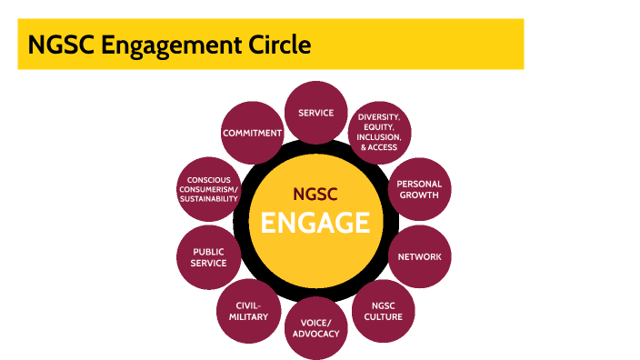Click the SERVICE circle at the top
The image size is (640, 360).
[x=315, y=113]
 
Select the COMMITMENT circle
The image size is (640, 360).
[x=252, y=134]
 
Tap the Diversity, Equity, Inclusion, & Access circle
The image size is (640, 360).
[x=379, y=132]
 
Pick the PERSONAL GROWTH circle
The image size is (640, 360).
[x=419, y=189]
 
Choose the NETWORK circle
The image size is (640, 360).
[x=419, y=256]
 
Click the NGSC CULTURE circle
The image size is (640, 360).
[x=381, y=311]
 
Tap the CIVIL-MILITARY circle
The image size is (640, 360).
[x=248, y=311]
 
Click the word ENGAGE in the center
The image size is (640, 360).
[x=315, y=223]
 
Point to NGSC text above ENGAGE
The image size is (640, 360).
[x=315, y=194]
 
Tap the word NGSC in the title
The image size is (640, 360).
[x=56, y=44]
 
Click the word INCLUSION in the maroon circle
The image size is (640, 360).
[x=379, y=136]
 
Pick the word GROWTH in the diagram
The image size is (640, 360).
[x=419, y=195]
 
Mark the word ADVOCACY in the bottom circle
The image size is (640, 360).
[x=315, y=334]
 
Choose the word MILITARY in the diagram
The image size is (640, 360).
[x=248, y=317]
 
